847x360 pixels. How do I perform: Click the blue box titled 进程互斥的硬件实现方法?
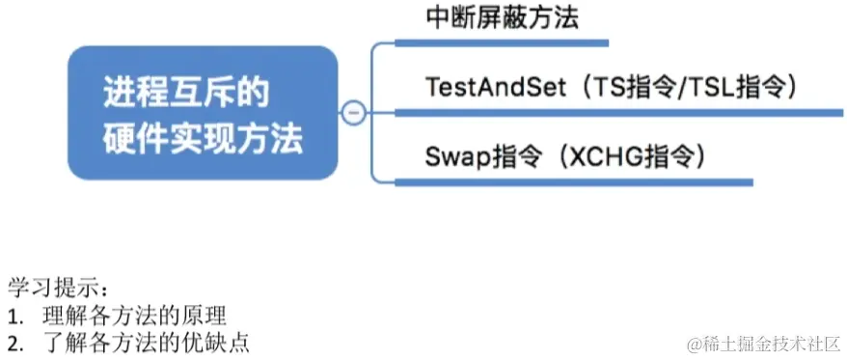tap(203, 112)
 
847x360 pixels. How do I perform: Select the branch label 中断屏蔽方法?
tap(502, 17)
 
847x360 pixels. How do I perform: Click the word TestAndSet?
tap(491, 86)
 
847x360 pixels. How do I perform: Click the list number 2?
tap(14, 342)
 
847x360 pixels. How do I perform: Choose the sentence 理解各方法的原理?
tap(134, 315)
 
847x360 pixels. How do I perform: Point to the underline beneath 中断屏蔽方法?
tap(502, 42)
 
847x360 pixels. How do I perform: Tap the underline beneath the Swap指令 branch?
tap(574, 180)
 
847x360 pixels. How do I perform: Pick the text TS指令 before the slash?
tap(642, 86)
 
